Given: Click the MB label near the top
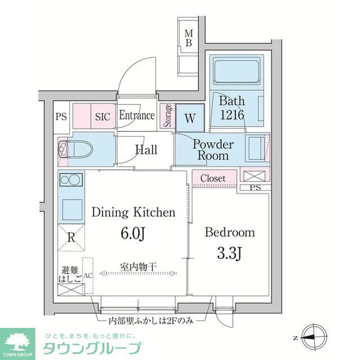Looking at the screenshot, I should [x=189, y=38].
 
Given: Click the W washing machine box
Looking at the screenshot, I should [x=190, y=119].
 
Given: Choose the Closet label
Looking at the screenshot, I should [x=213, y=178].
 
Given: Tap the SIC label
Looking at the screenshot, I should [x=102, y=117].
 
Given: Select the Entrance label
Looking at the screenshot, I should [x=137, y=115].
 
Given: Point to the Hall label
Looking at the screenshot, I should [x=146, y=150].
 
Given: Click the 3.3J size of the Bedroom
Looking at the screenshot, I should [x=230, y=254].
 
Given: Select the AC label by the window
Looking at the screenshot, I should [x=87, y=275].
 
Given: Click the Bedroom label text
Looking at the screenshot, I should [x=230, y=232].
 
